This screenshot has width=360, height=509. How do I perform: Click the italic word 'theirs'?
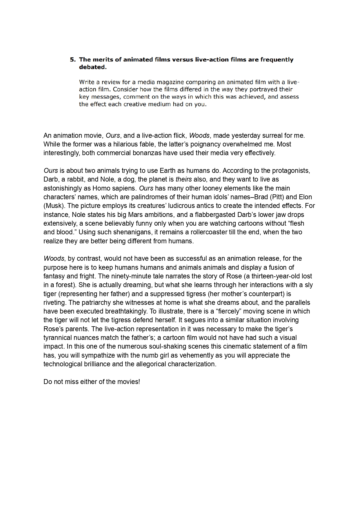(x=183, y=179)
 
